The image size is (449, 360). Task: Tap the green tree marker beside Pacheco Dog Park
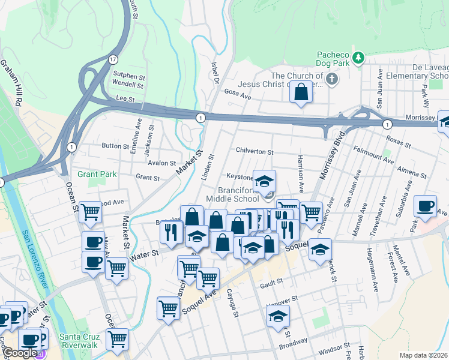pos(358,58)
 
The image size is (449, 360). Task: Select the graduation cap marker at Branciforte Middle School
pos(264,181)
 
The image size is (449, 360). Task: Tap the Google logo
pos(20,353)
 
